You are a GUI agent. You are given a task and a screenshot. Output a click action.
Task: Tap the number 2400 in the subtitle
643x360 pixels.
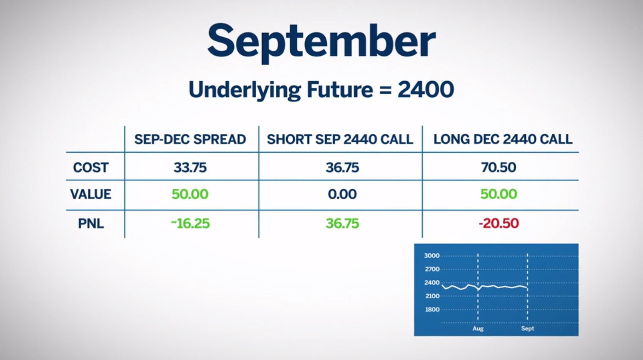pos(426,89)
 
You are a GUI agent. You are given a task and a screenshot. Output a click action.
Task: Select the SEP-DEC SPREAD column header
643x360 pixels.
pos(190,139)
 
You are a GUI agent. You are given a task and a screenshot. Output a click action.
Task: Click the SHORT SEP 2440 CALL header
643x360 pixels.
pos(340,139)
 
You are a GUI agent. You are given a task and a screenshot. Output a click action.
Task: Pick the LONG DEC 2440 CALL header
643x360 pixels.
pos(503,139)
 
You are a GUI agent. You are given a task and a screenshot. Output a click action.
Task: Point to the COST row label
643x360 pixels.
pos(91,167)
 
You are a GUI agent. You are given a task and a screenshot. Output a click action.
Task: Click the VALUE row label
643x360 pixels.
pos(91,194)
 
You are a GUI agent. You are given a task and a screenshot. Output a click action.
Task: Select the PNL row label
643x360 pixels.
pos(91,223)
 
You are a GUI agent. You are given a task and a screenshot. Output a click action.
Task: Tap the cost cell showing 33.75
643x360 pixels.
pos(190,167)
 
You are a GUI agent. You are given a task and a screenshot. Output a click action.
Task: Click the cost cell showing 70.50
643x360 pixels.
pos(499,167)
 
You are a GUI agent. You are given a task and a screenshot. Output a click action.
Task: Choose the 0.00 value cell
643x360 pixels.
pos(342,194)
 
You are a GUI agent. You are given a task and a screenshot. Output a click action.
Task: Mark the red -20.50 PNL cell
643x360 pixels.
pos(499,223)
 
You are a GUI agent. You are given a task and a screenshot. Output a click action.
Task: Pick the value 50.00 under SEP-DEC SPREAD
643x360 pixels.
pos(190,194)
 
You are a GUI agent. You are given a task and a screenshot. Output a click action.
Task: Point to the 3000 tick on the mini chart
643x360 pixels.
pos(432,256)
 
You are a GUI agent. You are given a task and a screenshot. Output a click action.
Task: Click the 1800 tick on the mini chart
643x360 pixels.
pos(432,310)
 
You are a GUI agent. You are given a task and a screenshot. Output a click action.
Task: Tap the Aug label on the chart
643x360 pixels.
pos(478,328)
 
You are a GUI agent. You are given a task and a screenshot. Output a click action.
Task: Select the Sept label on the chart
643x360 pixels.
pos(528,328)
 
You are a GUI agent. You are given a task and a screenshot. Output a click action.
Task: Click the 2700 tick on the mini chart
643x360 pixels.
pos(432,269)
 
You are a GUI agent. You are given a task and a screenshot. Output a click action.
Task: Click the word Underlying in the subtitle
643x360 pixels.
pos(245,90)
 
